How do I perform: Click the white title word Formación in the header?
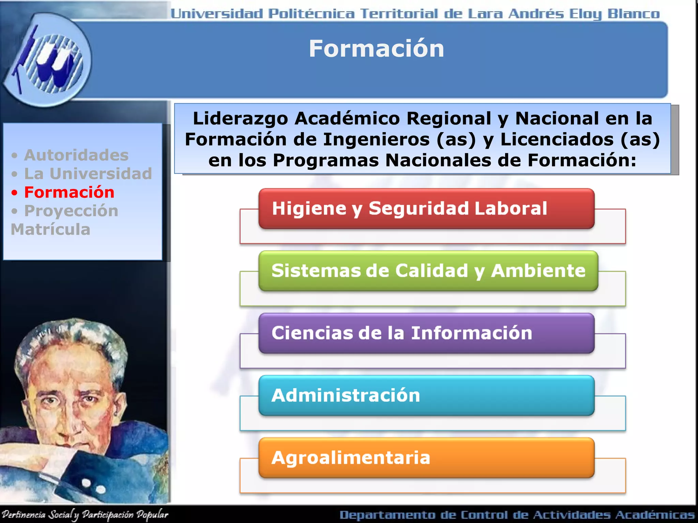click(x=377, y=49)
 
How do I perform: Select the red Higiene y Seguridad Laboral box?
click(x=426, y=208)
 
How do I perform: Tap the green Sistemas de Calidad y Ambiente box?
click(x=428, y=271)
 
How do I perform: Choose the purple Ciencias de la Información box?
click(x=426, y=333)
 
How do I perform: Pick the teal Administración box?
click(x=426, y=395)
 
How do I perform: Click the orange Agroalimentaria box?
click(x=426, y=458)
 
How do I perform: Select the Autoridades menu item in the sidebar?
click(x=76, y=155)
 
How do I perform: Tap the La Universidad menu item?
click(x=88, y=174)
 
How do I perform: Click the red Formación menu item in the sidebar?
click(x=69, y=192)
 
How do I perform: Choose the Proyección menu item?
click(x=71, y=211)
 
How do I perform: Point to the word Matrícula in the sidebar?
click(x=50, y=229)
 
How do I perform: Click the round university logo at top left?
click(x=48, y=60)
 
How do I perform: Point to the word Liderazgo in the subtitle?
click(x=240, y=118)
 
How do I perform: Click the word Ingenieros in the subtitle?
click(x=376, y=140)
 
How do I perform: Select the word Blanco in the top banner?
click(x=634, y=14)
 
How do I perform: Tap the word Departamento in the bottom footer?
click(x=387, y=515)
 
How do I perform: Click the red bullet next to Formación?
click(x=14, y=193)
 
